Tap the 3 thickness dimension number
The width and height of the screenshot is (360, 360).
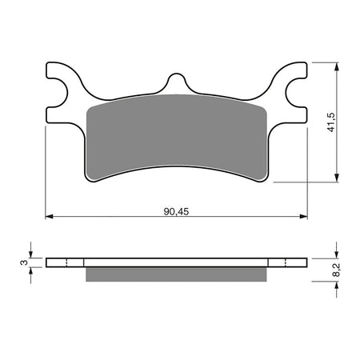pyautogui.click(x=26, y=262)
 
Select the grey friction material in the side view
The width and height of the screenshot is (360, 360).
pyautogui.click(x=175, y=274)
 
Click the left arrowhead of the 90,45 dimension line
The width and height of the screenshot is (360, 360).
pyautogui.click(x=48, y=217)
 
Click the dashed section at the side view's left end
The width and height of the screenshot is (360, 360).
pyautogui.click(x=65, y=262)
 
